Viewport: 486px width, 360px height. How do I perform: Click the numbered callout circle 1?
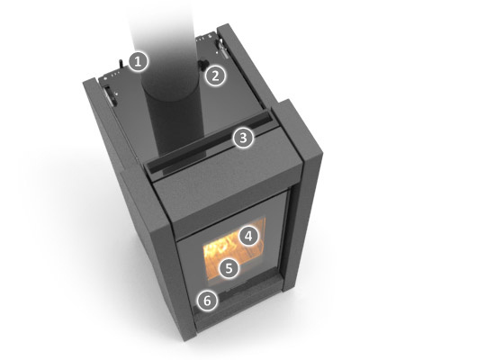[139, 62]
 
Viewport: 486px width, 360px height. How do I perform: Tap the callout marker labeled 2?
[216, 76]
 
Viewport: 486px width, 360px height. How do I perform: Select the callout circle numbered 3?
[243, 138]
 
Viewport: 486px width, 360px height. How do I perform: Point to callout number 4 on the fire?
[248, 237]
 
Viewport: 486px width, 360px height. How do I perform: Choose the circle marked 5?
[229, 268]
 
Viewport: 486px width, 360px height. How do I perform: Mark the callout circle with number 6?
[208, 301]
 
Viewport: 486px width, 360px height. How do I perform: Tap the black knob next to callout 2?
[203, 65]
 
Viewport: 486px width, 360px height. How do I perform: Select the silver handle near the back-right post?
[222, 47]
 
